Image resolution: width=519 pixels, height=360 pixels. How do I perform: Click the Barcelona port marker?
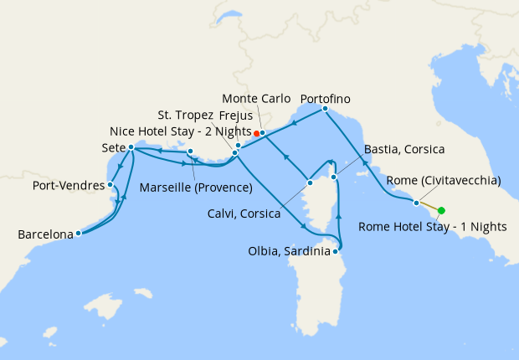[x=78, y=234]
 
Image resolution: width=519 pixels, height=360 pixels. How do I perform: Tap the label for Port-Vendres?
[x=66, y=184]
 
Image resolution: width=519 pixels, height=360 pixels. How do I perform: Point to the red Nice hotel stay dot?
[x=256, y=133]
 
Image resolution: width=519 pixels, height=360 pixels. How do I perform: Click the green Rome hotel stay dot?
[x=441, y=211]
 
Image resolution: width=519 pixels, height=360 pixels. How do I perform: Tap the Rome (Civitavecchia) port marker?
[x=416, y=203]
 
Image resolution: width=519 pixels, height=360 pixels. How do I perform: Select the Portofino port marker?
[x=325, y=109]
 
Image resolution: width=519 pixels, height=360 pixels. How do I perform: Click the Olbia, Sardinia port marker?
[x=336, y=250]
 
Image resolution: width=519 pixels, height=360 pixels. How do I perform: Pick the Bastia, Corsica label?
[x=405, y=150]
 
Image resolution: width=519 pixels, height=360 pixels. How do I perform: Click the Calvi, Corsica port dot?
[x=310, y=182]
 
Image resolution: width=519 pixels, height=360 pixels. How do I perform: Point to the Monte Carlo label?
[x=257, y=99]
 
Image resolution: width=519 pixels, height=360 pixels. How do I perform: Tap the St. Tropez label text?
[x=185, y=115]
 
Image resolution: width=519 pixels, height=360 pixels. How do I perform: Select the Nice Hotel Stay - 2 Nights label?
[x=180, y=131]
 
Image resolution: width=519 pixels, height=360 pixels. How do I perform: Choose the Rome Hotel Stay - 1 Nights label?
[x=433, y=227]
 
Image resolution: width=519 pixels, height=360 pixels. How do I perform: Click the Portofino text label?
[x=325, y=99]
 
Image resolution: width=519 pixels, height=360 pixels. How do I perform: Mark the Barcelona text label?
[x=44, y=235]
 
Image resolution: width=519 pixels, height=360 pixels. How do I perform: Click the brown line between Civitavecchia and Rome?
[x=429, y=207]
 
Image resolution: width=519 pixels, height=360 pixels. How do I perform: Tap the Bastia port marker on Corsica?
[x=334, y=177]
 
